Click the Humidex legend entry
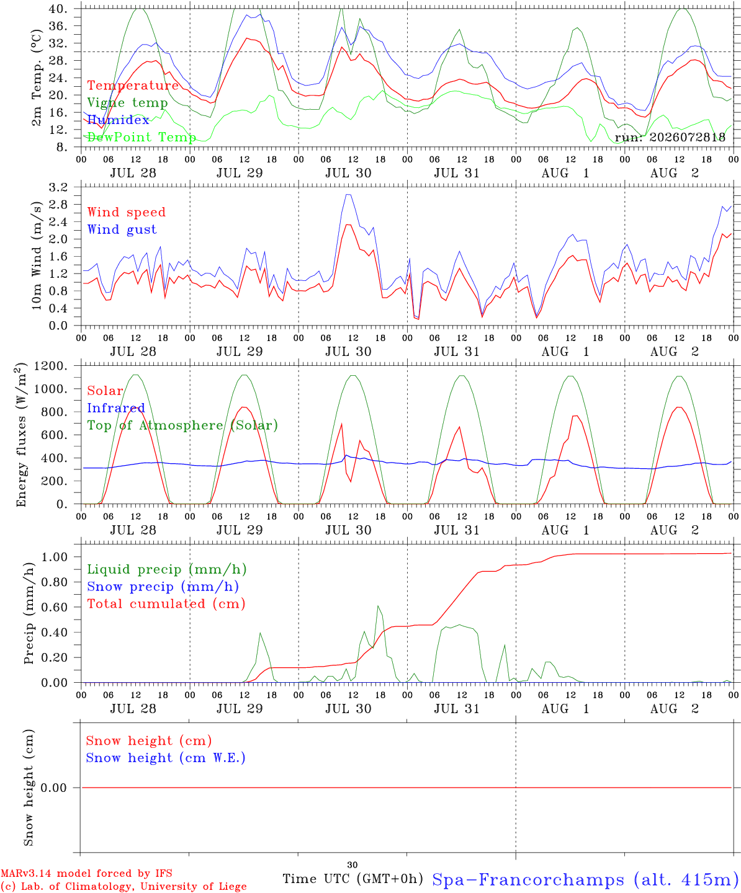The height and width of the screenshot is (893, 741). (118, 120)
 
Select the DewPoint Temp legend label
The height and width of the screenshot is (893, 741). (141, 137)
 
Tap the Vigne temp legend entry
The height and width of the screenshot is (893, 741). (127, 103)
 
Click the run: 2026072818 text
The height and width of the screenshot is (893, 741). (670, 137)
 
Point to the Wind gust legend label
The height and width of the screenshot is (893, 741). (122, 229)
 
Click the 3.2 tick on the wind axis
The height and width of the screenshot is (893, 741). (58, 187)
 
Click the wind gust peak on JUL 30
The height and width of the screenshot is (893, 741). (348, 195)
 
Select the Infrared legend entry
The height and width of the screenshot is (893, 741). (116, 407)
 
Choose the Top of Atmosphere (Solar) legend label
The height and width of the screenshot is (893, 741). (182, 425)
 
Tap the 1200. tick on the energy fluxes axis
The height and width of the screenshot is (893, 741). (50, 366)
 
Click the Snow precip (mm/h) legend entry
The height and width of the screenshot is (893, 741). (163, 587)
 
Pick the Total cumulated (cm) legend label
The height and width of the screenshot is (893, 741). (166, 603)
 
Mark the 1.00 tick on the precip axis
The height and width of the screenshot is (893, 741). (55, 557)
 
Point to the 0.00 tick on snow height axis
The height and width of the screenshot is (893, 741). (53, 788)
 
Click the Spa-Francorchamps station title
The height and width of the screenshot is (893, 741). (586, 879)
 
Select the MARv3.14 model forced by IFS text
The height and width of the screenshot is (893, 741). (86, 873)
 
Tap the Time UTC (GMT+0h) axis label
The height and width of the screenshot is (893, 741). (353, 879)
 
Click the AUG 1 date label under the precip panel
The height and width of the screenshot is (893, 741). (565, 709)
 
